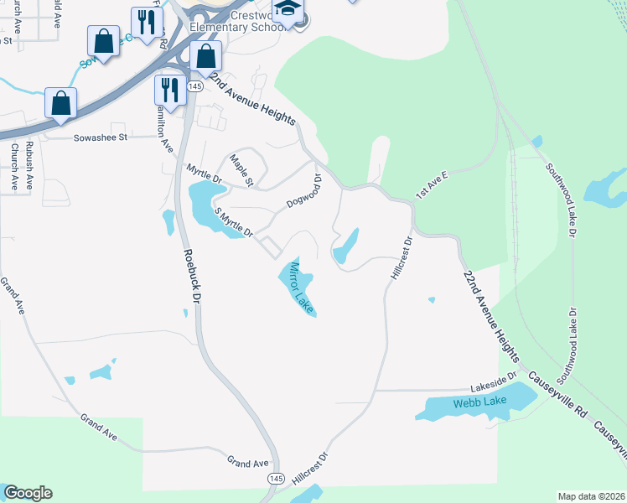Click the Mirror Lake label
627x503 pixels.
[x=299, y=288]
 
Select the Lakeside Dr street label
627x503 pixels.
[x=494, y=382]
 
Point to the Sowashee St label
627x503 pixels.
[x=100, y=137]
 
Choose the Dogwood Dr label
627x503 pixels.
[x=305, y=192]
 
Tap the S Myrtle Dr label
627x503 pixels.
[x=233, y=223]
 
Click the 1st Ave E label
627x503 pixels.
[x=434, y=185]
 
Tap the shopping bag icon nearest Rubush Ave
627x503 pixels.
[x=61, y=103]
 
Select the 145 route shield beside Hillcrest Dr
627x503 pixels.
[x=276, y=477]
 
